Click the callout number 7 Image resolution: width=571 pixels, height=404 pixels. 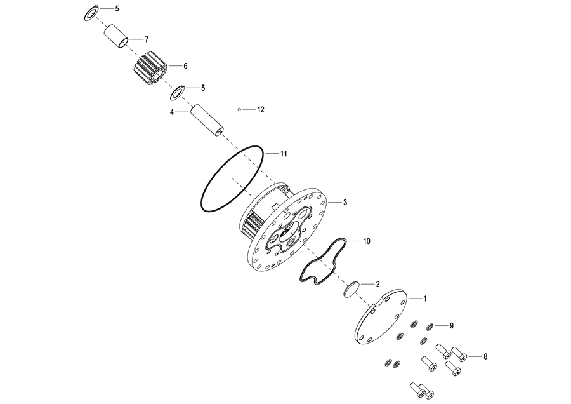coord(147,39)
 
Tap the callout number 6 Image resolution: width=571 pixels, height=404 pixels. coord(185,65)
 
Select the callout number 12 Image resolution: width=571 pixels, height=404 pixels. coord(261,110)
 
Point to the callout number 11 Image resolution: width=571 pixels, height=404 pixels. coord(284,154)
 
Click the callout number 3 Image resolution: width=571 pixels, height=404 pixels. coord(345,203)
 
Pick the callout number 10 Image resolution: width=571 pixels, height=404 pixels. coord(367,241)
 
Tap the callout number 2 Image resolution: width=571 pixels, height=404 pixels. coord(378,284)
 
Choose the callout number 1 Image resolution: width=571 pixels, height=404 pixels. coord(425,297)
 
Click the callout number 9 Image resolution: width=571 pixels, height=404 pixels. coord(452,326)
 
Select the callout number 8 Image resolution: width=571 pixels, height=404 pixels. coord(486,356)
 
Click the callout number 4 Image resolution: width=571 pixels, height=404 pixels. coord(171,112)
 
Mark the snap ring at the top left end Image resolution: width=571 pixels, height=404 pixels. coord(91,12)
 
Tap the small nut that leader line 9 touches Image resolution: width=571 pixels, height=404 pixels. coord(430,327)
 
